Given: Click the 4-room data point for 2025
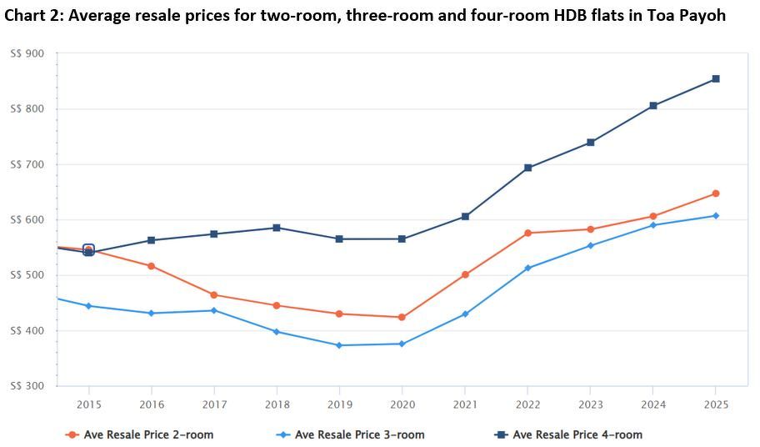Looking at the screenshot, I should click(715, 79).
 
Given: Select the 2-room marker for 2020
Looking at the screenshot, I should click(402, 317).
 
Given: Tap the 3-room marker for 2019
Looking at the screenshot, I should click(339, 345).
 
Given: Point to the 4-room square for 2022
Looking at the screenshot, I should click(527, 168).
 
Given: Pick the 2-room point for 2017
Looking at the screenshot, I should click(214, 294).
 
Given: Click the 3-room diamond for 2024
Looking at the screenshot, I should click(652, 225).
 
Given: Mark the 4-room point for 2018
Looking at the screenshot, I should click(277, 228).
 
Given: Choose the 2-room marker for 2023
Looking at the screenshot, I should click(590, 229).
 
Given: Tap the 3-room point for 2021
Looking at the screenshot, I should click(465, 314).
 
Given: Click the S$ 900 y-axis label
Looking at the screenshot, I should click(27, 53).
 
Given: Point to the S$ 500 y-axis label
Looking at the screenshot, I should click(27, 275).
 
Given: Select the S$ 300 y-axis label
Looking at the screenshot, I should click(27, 386).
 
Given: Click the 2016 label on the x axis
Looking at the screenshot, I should click(151, 404).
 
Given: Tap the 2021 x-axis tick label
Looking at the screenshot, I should click(465, 404).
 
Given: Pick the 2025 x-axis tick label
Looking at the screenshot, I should click(715, 404).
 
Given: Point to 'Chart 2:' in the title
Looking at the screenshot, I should click(33, 16).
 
